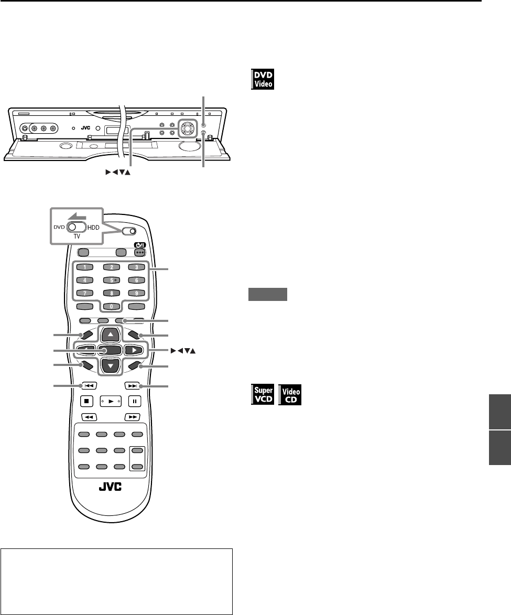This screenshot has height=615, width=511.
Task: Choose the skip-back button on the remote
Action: point(88,386)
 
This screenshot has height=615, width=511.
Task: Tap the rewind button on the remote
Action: point(88,417)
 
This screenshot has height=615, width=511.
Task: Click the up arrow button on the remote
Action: point(110,335)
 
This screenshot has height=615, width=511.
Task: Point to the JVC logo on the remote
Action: point(110,487)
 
